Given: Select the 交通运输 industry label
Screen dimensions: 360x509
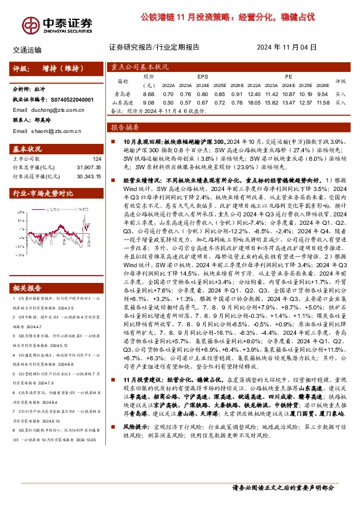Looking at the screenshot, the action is tap(27, 50).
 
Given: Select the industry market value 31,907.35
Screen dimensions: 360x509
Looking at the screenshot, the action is tap(86, 167).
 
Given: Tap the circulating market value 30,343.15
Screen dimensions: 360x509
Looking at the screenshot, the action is tap(86, 176).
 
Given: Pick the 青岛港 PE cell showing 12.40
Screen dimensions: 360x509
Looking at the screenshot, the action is tap(254, 94).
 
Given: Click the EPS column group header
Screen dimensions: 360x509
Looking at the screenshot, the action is tap(203, 77).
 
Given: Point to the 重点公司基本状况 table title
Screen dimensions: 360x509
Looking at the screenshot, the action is tap(140, 68).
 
